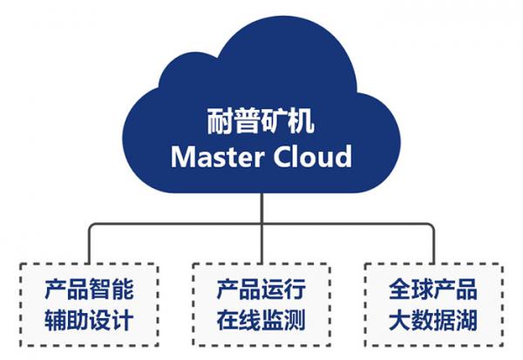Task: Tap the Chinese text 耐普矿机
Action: click(261, 119)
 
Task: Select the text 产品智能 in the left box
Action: click(89, 289)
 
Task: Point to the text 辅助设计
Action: click(89, 320)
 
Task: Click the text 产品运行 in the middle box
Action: click(261, 289)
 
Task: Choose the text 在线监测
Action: click(261, 320)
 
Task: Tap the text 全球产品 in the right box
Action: click(433, 289)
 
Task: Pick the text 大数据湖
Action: click(433, 320)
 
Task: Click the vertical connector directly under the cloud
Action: click(261, 209)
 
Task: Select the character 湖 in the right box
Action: click(466, 320)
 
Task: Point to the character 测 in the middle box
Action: click(295, 320)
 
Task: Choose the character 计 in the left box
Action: click(122, 320)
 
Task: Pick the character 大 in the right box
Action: click(400, 320)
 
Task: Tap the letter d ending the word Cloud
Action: click(343, 156)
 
